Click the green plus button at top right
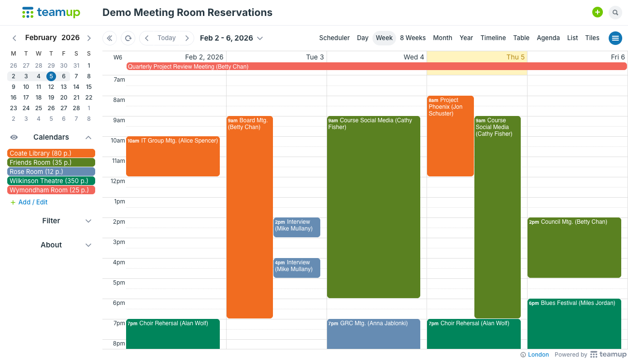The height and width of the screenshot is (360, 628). click(598, 13)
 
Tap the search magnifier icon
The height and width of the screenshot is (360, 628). click(615, 13)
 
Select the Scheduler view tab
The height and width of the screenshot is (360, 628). click(334, 38)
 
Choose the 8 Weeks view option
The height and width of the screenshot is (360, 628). click(413, 38)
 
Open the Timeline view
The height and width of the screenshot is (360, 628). click(493, 38)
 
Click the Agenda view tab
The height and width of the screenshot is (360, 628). click(548, 38)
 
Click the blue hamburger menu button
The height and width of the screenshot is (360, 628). click(615, 38)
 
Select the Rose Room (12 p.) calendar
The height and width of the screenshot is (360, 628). click(51, 172)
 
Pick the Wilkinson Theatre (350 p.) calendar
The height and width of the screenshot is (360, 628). click(51, 181)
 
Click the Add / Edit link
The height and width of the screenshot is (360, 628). click(32, 202)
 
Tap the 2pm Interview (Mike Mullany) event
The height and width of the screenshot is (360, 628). click(297, 227)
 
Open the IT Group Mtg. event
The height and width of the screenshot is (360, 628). click(172, 156)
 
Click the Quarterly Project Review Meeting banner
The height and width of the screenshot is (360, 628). click(376, 66)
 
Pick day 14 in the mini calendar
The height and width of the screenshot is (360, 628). click(76, 87)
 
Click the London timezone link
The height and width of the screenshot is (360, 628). click(538, 355)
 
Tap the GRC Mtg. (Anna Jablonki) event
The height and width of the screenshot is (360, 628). click(373, 333)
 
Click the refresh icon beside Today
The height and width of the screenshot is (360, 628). click(128, 38)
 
